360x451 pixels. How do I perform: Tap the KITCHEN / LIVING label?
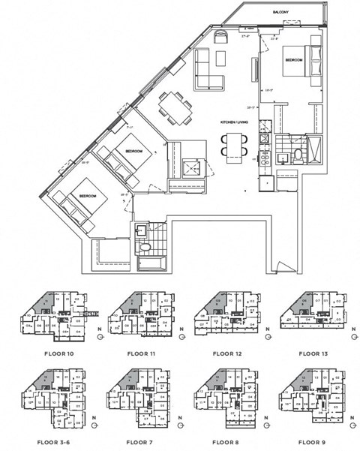[233, 122]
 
